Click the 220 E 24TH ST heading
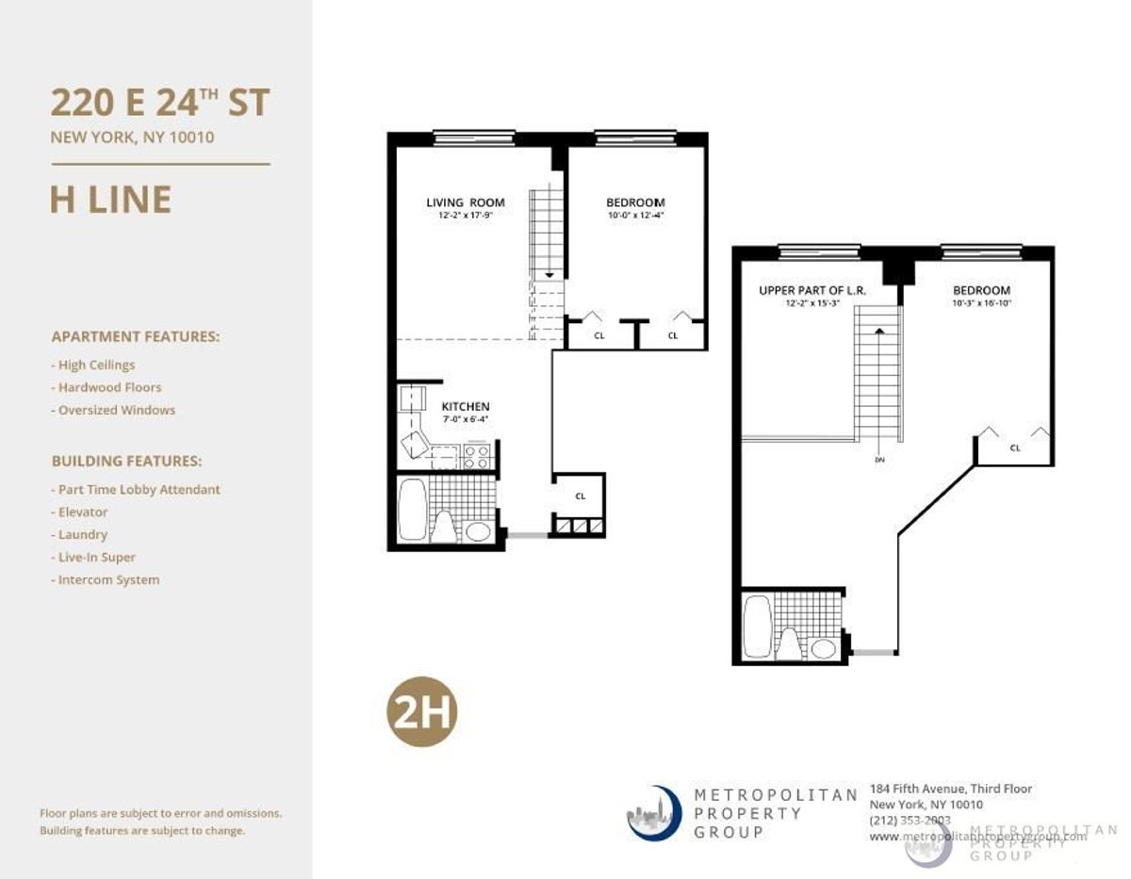tap(160, 102)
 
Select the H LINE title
tap(110, 200)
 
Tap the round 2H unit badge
tap(421, 714)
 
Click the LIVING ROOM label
tap(465, 203)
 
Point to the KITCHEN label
tap(466, 407)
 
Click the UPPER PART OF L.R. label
tap(806, 291)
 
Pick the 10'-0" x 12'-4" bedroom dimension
tap(635, 215)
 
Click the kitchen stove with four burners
tap(477, 456)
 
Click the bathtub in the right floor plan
tap(757, 625)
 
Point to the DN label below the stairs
tap(877, 461)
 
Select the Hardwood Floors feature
tap(109, 387)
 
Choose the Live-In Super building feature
tap(96, 557)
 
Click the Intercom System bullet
tap(108, 579)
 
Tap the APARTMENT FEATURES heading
tap(136, 336)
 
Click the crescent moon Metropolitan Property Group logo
tap(653, 813)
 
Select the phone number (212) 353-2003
tap(910, 820)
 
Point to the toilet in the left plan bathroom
tap(443, 528)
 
